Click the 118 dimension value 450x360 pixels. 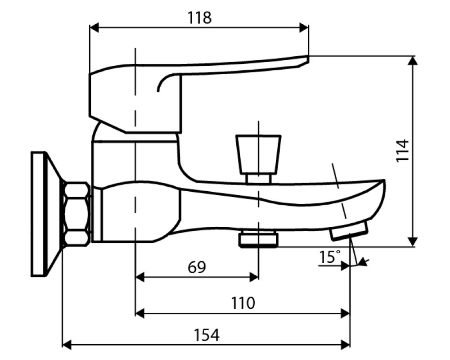point(200,18)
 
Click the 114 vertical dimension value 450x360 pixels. point(402,150)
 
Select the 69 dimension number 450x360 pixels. point(197,267)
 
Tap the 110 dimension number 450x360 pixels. point(243,303)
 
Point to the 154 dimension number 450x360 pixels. point(207,335)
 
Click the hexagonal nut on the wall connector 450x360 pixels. point(76,214)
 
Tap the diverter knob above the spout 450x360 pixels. point(258,154)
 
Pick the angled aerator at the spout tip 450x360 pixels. point(349,230)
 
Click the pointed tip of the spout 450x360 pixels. point(384,180)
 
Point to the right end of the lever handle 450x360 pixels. point(308,58)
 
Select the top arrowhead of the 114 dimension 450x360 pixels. point(412,60)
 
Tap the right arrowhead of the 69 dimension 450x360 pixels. point(254,277)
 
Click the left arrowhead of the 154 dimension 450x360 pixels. point(67,344)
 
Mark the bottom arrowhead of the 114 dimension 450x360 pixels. point(412,242)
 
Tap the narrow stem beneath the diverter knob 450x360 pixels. point(258,179)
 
